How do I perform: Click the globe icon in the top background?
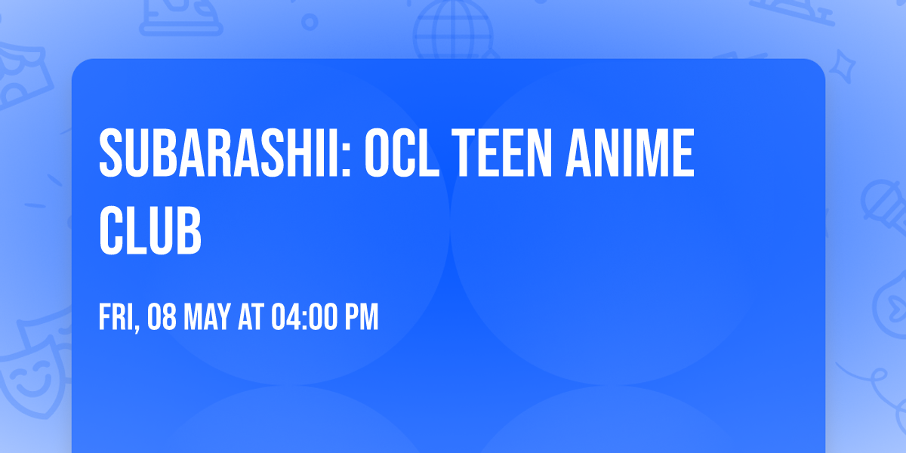451,30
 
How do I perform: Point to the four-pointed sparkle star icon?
845,65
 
